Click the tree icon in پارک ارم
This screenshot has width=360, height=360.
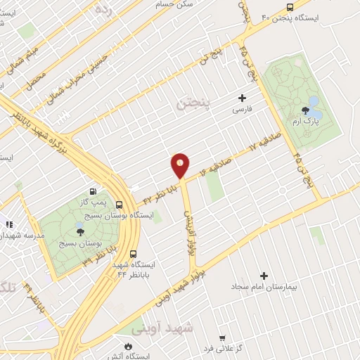[304, 110]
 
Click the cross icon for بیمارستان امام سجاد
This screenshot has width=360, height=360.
[264, 276]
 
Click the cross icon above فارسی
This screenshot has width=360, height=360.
[243, 98]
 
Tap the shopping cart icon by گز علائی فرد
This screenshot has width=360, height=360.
[222, 337]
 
